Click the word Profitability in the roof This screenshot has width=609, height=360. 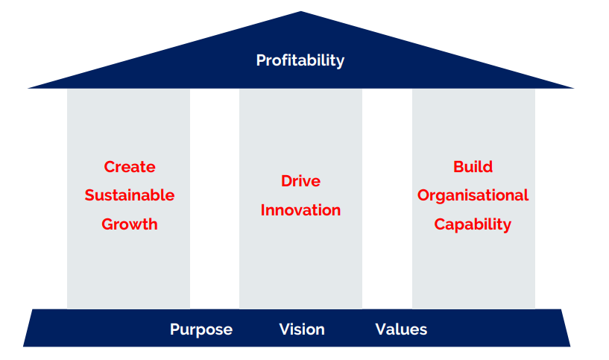point(300,60)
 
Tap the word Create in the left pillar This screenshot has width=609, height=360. point(130,167)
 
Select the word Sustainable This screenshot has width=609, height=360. point(130,195)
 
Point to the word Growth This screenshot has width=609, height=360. point(130,224)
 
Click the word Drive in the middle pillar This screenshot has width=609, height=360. point(300,181)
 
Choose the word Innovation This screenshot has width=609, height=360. point(300,210)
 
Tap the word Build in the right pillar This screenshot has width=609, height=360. point(473,167)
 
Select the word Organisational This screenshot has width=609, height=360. point(473,195)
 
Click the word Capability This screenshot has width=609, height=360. point(473,224)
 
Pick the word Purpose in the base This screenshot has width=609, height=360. point(201,329)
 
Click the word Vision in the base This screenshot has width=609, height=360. point(302,329)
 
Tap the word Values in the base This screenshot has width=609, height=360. point(401,329)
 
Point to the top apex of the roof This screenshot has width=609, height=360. point(300,12)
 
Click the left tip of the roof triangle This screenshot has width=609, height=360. point(28,88)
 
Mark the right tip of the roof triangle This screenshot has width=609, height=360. point(574,88)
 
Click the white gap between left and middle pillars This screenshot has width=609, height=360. point(215,199)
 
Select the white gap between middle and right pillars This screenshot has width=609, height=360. point(387,199)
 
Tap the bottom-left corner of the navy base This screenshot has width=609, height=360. point(23,346)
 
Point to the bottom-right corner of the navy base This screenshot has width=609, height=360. point(570,346)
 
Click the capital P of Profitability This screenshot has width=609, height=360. point(261,60)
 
